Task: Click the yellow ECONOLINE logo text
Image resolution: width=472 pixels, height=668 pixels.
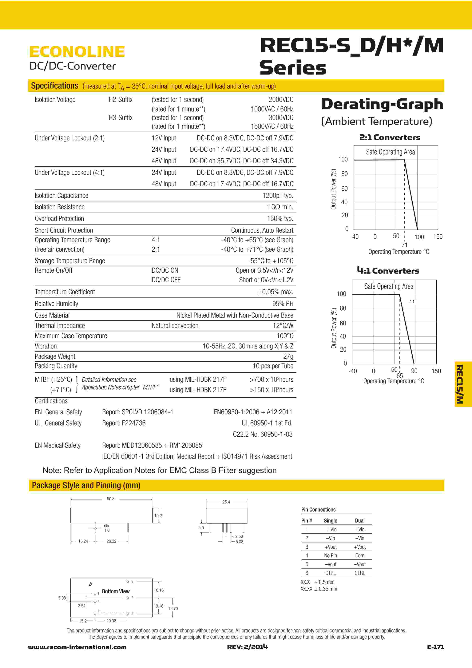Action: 77,52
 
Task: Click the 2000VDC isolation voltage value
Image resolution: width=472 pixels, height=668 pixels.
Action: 281,100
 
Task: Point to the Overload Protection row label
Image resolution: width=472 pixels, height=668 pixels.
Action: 59,218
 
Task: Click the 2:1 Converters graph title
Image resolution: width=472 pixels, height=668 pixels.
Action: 390,137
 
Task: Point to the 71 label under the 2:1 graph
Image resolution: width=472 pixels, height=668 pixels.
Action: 404,245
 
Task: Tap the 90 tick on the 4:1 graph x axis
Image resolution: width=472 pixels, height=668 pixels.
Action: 414,371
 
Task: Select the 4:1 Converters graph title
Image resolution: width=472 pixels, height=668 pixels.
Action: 388,271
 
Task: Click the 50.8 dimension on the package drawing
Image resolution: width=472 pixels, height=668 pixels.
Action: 110,499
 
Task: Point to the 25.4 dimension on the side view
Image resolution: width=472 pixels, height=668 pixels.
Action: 226,502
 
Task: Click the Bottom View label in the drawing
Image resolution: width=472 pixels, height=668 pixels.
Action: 116,591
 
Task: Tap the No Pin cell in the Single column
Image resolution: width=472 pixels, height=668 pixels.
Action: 330,555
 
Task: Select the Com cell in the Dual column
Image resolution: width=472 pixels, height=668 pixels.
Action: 360,555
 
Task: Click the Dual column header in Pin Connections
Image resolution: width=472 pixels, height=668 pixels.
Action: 360,520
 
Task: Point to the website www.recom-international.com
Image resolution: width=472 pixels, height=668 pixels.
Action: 77,647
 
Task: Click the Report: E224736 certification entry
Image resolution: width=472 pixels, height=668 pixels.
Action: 124,423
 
